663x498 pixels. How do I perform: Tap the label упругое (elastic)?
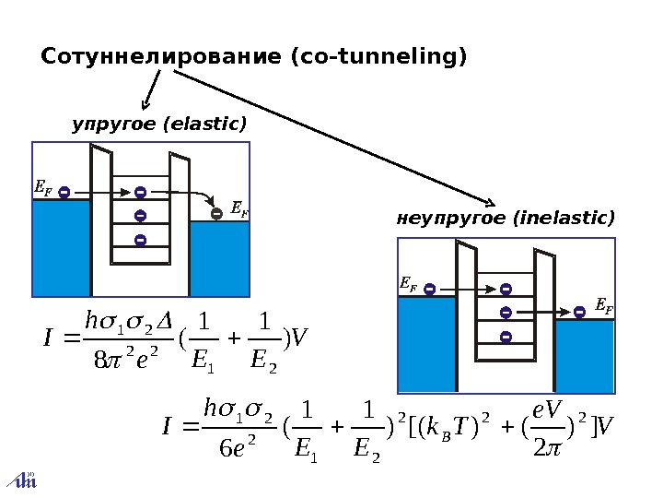point(159,124)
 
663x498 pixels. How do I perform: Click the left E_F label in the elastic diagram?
point(42,188)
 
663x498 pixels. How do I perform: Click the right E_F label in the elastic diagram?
point(238,210)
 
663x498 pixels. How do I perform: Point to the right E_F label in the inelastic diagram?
point(604,305)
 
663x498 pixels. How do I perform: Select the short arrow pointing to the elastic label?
point(151,90)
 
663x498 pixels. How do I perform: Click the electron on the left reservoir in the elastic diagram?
point(64,192)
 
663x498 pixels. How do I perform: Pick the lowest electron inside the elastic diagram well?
point(140,240)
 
